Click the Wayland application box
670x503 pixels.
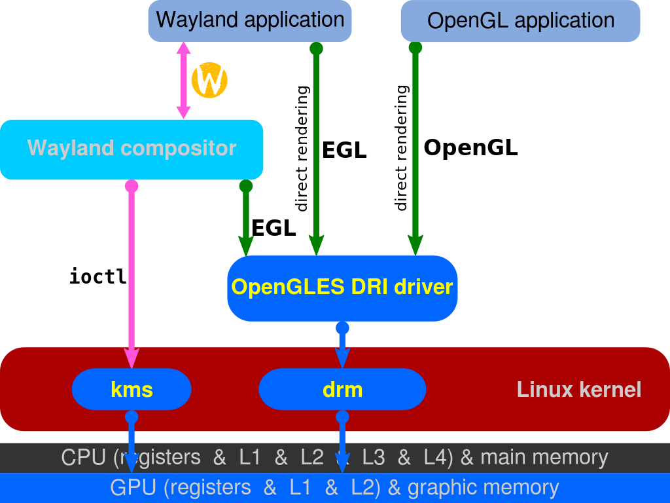click(250, 20)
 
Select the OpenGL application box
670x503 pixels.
click(520, 20)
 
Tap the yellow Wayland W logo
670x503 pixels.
click(209, 81)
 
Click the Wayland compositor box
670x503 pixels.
click(132, 150)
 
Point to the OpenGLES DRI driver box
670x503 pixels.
click(342, 288)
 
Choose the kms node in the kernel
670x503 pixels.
click(132, 389)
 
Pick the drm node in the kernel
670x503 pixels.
click(342, 389)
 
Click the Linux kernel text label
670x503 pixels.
click(579, 390)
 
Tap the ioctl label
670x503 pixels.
click(98, 276)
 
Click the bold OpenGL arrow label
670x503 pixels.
click(470, 147)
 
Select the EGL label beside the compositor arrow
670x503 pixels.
click(273, 228)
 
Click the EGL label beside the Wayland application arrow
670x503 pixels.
click(344, 150)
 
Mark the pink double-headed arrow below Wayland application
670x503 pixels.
click(183, 81)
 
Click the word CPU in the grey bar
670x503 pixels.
click(83, 457)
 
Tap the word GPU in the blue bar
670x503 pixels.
click(133, 487)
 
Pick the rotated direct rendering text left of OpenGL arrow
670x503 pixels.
click(401, 148)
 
